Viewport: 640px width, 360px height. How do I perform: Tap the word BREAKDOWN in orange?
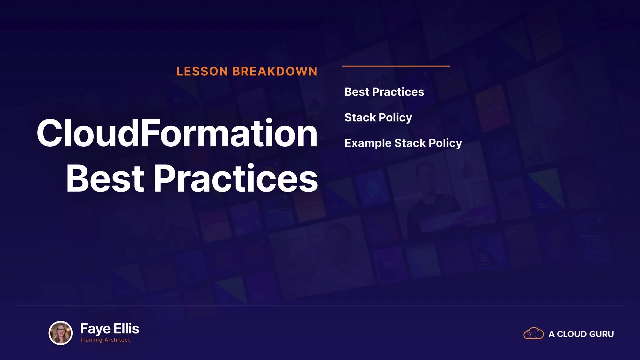275,71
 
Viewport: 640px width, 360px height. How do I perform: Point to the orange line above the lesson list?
396,66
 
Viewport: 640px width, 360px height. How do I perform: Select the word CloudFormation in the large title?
177,133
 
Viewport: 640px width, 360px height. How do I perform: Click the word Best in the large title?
105,178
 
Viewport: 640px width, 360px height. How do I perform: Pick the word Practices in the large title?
236,178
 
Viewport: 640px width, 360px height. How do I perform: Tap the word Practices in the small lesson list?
398,92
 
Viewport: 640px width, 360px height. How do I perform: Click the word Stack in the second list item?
360,118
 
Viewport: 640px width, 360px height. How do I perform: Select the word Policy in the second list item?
395,118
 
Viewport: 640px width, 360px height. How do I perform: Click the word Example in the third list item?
368,144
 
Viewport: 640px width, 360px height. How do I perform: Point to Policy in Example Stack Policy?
445,144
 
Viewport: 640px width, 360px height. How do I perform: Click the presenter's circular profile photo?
61,333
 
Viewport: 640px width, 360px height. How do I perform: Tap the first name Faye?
95,329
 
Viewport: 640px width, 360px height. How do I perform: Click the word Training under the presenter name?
91,340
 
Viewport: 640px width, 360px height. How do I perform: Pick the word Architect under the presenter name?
117,340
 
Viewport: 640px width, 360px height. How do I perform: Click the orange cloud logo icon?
533,333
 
